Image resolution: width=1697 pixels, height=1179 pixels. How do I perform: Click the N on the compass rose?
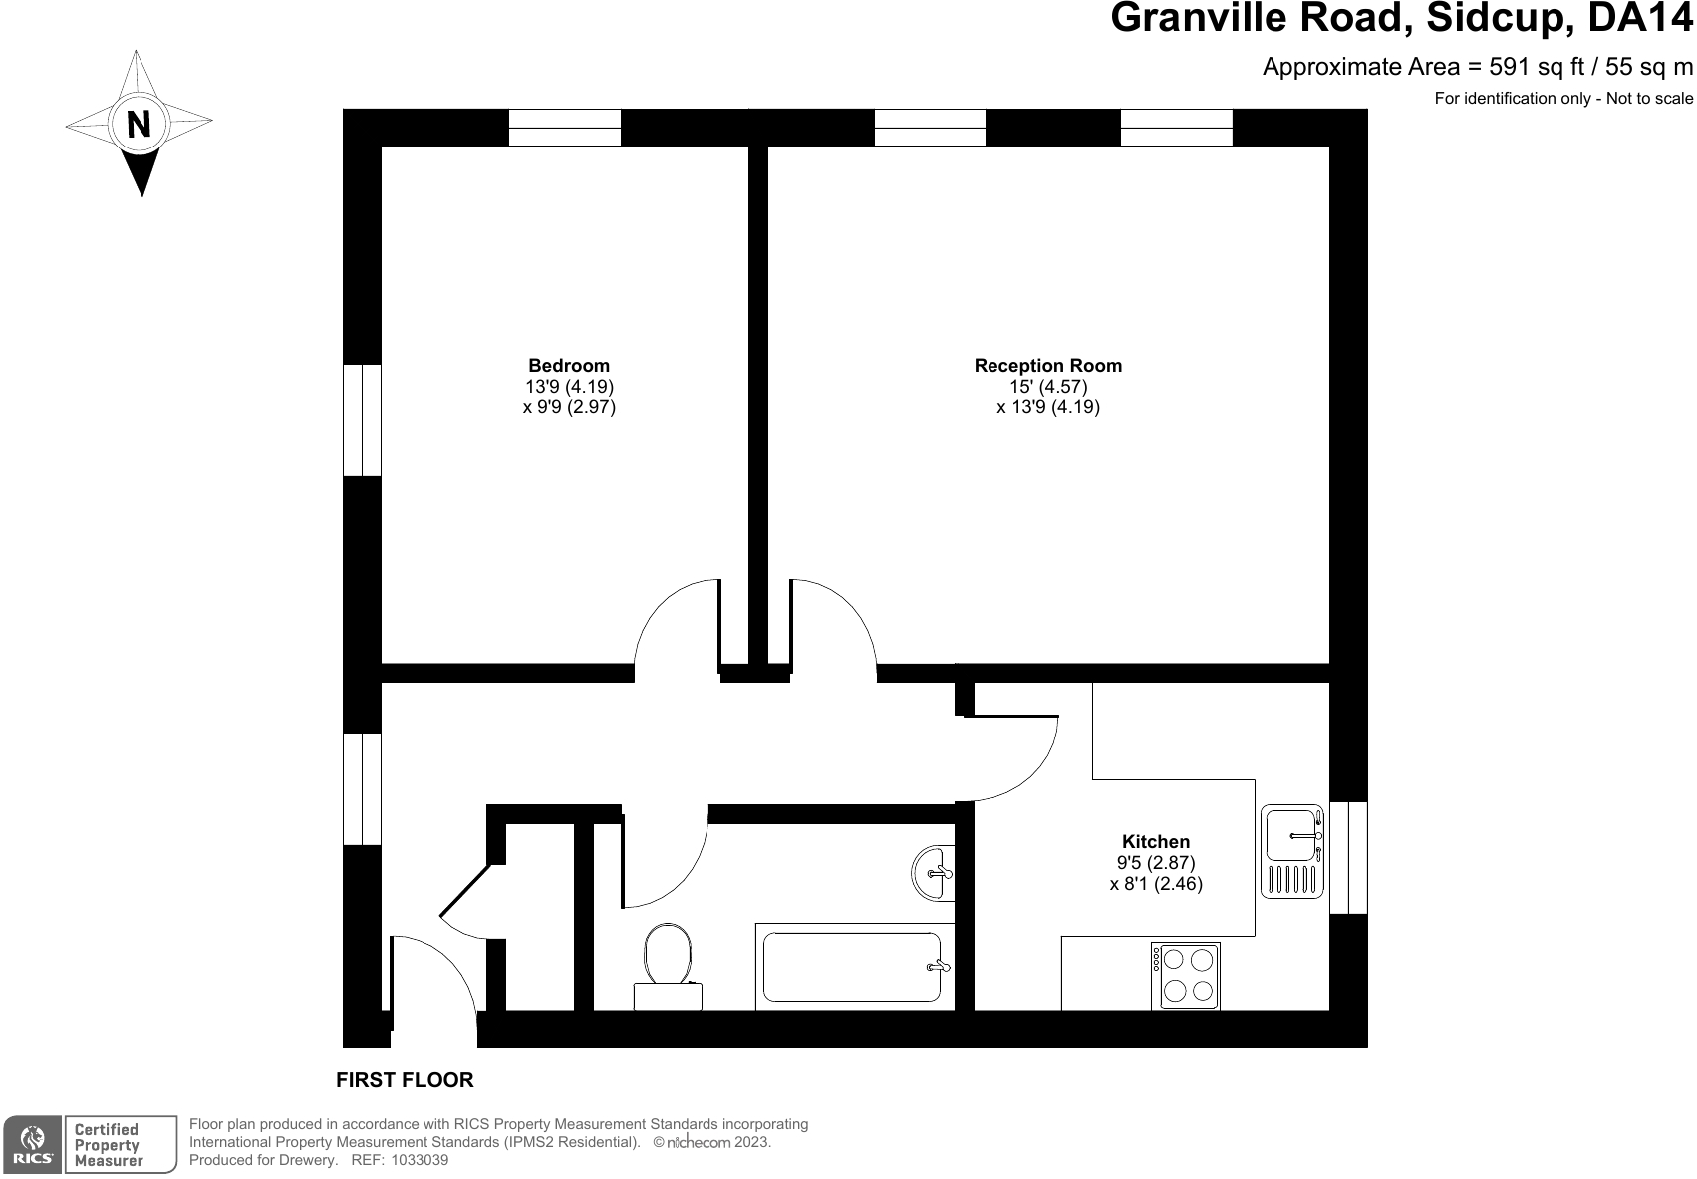[x=139, y=124]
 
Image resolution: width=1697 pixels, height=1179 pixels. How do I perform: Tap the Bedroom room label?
[x=569, y=365]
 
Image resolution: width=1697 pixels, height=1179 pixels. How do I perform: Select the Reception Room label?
[x=1047, y=365]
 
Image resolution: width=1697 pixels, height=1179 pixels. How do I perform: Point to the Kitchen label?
[x=1155, y=842]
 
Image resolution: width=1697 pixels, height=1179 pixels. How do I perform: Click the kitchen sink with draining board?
[x=1292, y=852]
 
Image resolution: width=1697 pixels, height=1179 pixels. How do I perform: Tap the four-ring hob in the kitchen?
[x=1186, y=976]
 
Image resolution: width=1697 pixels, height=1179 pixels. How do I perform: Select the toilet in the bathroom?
[x=668, y=967]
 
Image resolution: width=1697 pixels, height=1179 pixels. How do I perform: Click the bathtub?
[x=855, y=967]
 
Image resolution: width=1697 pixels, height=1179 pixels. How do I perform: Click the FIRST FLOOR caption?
[x=405, y=1080]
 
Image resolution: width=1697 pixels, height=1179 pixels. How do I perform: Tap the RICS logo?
[x=33, y=1144]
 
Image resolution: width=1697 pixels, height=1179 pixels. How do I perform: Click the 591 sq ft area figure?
[x=1538, y=67]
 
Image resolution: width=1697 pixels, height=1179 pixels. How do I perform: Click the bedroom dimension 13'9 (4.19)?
[x=570, y=386]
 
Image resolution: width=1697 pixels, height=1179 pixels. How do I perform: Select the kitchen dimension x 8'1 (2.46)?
[x=1156, y=883]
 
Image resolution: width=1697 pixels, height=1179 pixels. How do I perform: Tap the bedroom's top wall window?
[x=564, y=128]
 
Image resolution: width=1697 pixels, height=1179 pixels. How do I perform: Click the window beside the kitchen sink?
[x=1348, y=858]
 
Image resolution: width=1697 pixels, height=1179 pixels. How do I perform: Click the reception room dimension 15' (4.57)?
[x=1048, y=386]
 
